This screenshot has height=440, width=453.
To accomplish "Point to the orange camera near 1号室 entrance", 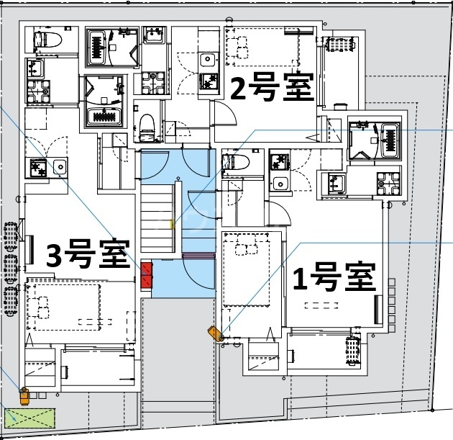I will [x=215, y=333].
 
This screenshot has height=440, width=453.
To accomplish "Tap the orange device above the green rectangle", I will [x=24, y=394].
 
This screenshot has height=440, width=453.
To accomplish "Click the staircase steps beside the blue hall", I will [x=156, y=216].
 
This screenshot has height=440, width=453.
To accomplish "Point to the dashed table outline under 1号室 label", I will [x=321, y=305].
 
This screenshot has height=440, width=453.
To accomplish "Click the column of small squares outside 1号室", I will [x=392, y=302].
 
